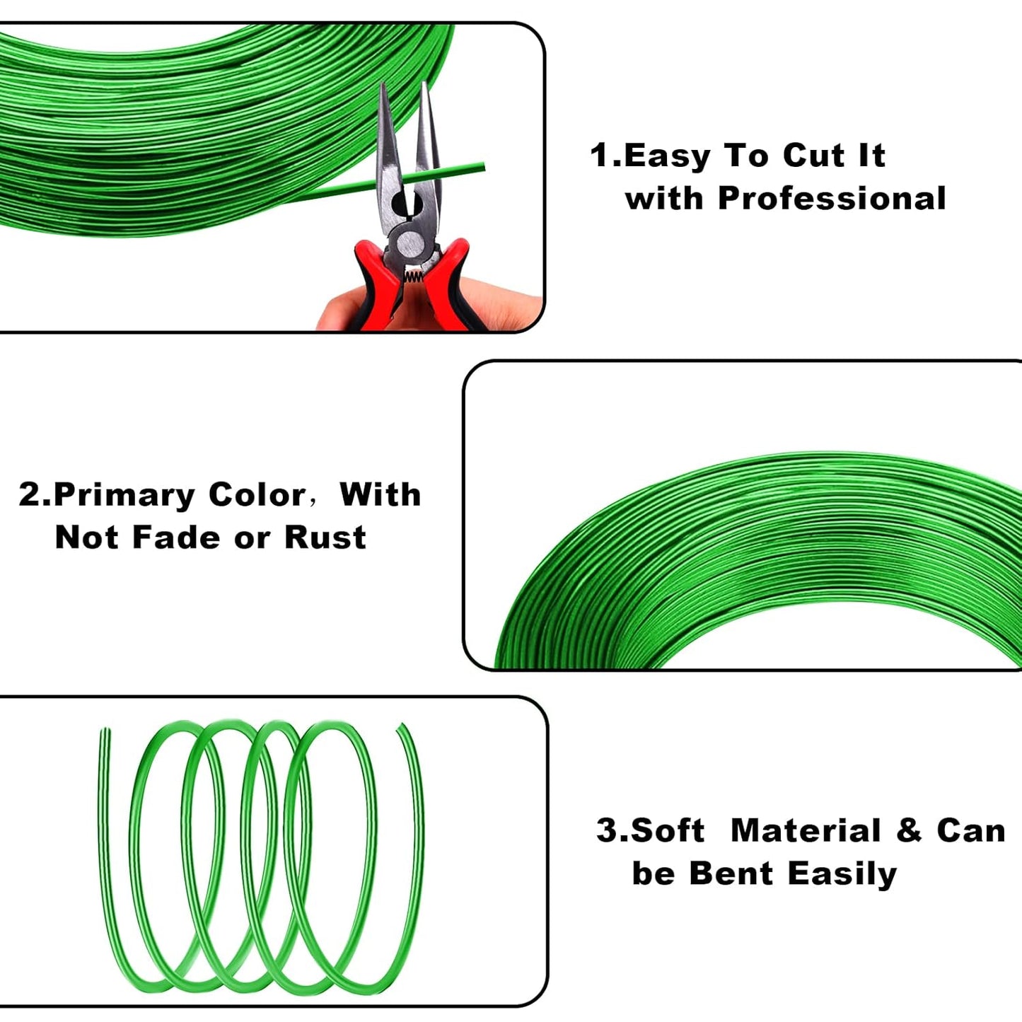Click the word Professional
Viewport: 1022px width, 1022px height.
pos(832,199)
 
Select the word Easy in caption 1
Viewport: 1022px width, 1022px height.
pos(667,156)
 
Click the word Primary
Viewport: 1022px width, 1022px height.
pos(124,496)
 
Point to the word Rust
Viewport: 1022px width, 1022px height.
pos(325,538)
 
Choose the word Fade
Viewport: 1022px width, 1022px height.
pos(177,538)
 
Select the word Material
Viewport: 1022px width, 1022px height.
pos(806,830)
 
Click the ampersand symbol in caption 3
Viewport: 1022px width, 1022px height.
pos(908,830)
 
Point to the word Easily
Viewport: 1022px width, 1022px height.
pos(842,874)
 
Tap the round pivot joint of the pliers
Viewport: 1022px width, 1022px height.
pos(410,244)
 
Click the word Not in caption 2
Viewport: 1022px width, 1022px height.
pos(88,538)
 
